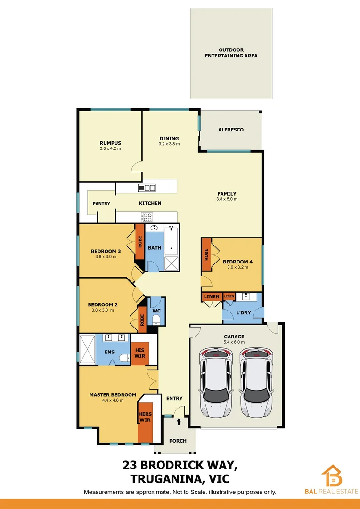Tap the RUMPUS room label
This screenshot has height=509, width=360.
coord(110,143)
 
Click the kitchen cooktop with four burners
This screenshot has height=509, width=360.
coord(147,217)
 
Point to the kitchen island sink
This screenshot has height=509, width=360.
coord(147,188)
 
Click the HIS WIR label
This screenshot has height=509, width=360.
coord(139,353)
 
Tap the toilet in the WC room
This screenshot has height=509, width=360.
coord(156,320)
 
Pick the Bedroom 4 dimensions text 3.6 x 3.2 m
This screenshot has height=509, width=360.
coord(237,267)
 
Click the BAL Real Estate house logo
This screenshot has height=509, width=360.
coord(332,476)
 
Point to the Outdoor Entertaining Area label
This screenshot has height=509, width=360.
coord(231,53)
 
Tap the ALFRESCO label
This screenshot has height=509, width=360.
coord(230,130)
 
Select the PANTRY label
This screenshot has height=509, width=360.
coord(101,204)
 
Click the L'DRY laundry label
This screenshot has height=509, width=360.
coord(243,312)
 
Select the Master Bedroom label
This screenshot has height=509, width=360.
coord(113,395)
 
